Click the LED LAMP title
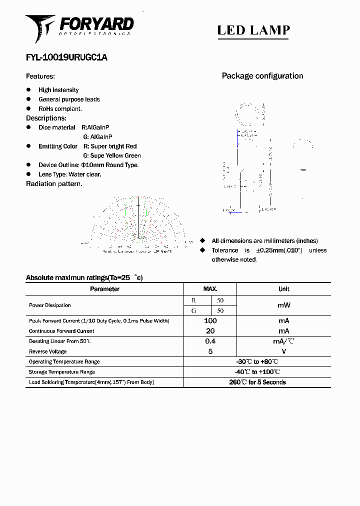pyautogui.click(x=253, y=30)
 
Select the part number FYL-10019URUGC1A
pyautogui.click(x=66, y=57)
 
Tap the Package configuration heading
pyautogui.click(x=262, y=76)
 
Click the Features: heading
pyautogui.click(x=40, y=76)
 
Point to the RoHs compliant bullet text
pyautogui.click(x=60, y=108)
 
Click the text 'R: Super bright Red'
pyautogui.click(x=109, y=146)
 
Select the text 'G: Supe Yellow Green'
pyautogui.click(x=112, y=155)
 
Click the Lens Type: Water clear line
pyautogui.click(x=69, y=174)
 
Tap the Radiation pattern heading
pyautogui.click(x=54, y=184)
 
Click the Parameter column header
pyautogui.click(x=104, y=289)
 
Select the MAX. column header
pyautogui.click(x=210, y=289)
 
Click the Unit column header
pyautogui.click(x=283, y=289)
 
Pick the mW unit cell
pyautogui.click(x=283, y=305)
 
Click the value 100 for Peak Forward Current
pyautogui.click(x=210, y=320)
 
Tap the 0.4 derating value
pyautogui.click(x=210, y=341)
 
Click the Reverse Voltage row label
pyautogui.click(x=47, y=351)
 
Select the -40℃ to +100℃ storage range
pyautogui.click(x=256, y=372)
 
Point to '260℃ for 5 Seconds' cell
pyautogui.click(x=257, y=382)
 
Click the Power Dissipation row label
pyautogui.click(x=49, y=305)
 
